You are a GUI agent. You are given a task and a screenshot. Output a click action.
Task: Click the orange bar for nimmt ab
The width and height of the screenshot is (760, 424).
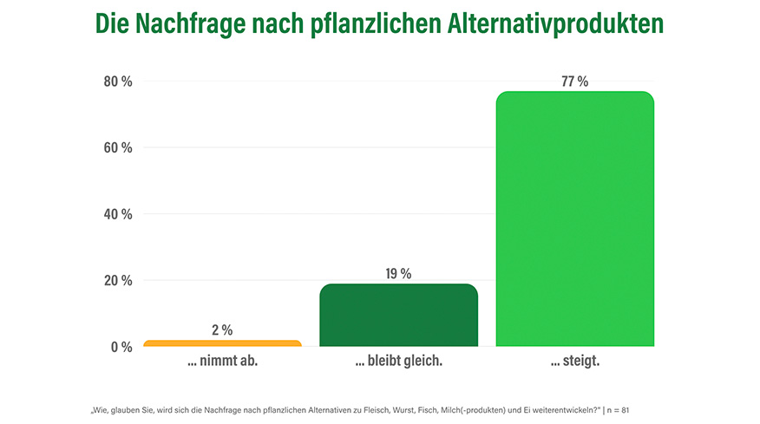click(222, 343)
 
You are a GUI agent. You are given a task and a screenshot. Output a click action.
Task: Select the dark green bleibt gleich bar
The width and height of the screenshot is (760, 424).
click(398, 315)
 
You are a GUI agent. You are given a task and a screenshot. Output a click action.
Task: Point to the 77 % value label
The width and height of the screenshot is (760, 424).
click(574, 82)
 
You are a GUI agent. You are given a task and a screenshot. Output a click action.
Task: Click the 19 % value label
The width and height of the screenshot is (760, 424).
click(398, 274)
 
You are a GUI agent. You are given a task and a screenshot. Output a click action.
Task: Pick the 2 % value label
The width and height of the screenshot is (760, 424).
click(222, 329)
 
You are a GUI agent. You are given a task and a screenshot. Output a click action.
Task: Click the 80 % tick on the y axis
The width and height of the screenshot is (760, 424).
click(118, 82)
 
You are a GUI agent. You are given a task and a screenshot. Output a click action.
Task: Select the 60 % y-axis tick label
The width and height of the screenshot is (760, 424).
click(118, 147)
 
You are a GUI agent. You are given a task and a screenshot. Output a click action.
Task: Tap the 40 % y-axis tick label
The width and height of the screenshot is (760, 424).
click(118, 214)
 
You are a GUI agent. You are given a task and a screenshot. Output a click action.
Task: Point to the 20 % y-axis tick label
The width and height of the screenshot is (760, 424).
click(118, 280)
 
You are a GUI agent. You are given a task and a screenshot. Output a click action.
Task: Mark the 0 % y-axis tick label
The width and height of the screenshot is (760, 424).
click(121, 347)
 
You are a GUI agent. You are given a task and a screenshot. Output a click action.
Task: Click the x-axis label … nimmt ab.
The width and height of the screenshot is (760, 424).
click(222, 362)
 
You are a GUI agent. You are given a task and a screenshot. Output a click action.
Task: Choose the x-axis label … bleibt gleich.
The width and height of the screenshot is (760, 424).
click(398, 362)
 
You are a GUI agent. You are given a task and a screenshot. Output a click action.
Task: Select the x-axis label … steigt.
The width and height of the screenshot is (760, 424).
click(574, 362)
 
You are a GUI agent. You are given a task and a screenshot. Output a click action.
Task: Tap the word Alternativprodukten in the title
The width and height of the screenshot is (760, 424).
click(564, 23)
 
